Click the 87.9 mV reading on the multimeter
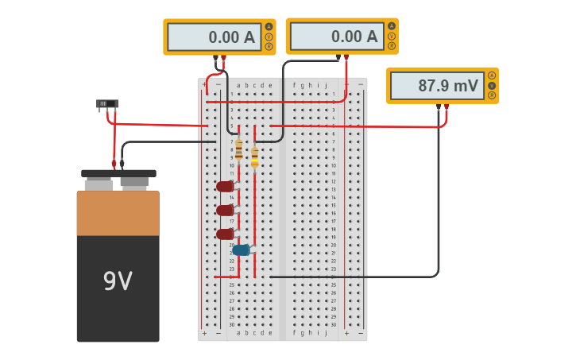click(436, 86)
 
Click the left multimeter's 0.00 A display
click(215, 37)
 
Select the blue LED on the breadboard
click(242, 250)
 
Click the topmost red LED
click(226, 187)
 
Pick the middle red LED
click(226, 211)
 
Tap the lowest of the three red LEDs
click(226, 234)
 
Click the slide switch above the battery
click(107, 103)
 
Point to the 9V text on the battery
click(118, 281)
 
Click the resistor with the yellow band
click(254, 157)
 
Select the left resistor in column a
click(238, 149)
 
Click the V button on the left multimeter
click(269, 37)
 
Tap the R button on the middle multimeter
click(391, 46)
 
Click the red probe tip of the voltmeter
click(447, 106)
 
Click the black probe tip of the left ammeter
click(215, 58)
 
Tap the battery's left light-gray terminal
click(99, 184)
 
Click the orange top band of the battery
click(118, 213)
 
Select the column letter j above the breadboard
click(326, 85)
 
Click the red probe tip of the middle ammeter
click(346, 57)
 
